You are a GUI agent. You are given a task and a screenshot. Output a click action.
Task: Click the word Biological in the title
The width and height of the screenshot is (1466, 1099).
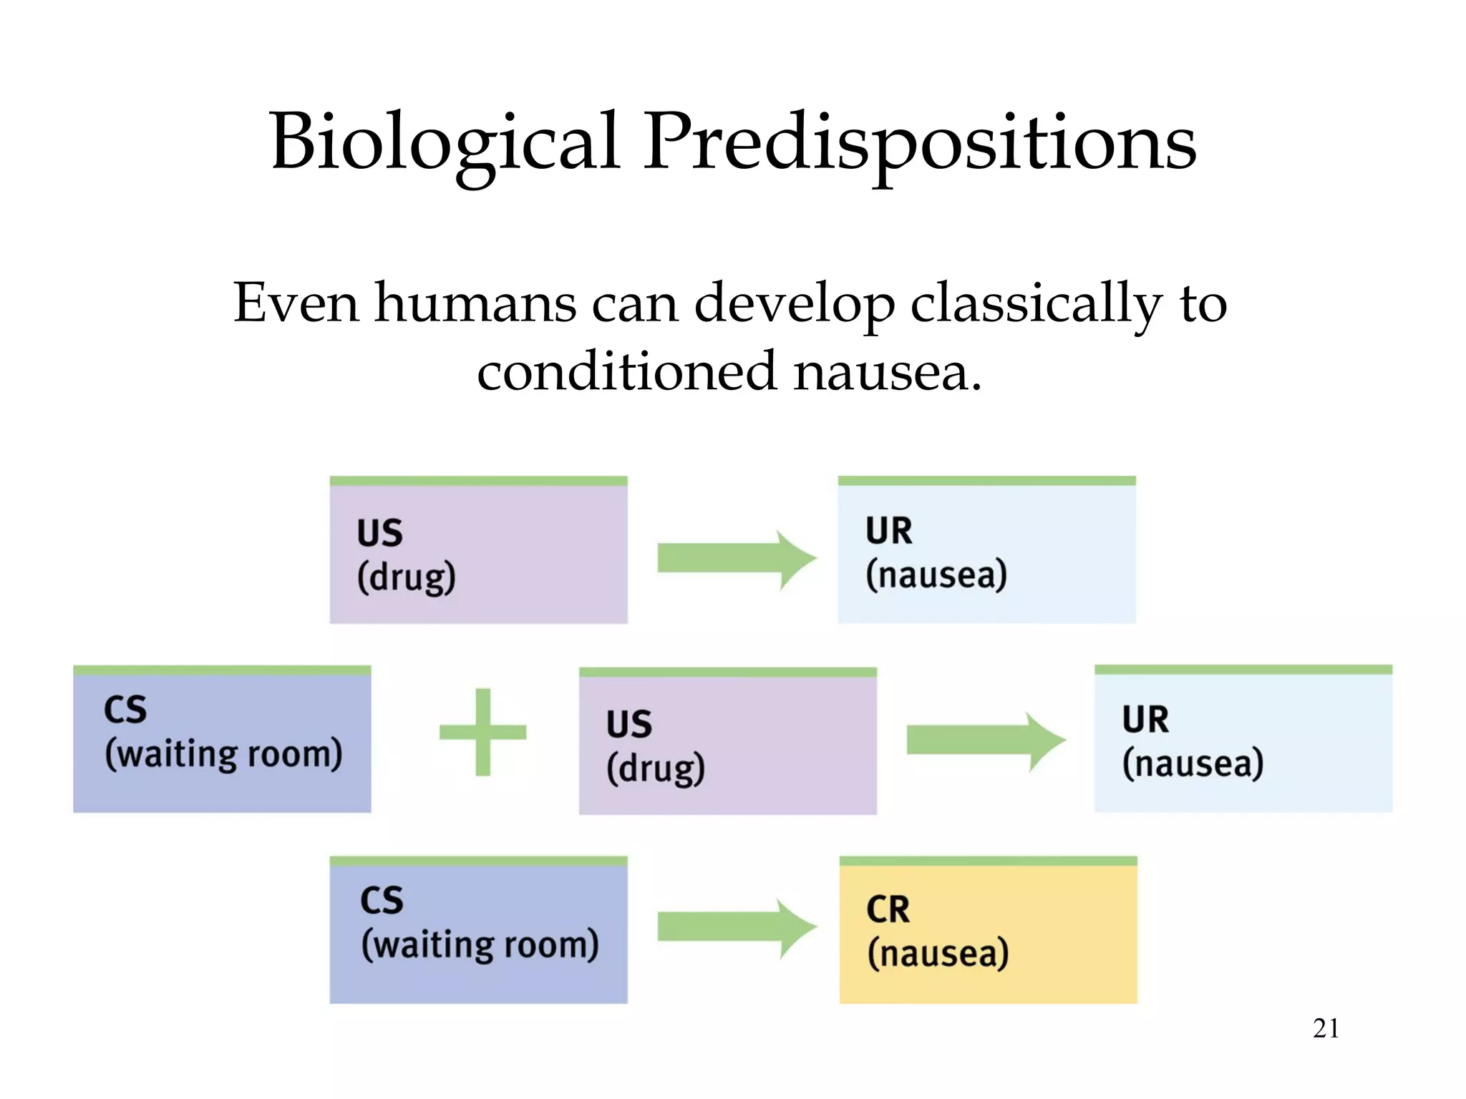pos(444,143)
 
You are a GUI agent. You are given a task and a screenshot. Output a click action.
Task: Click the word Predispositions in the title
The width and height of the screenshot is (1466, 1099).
pos(920,143)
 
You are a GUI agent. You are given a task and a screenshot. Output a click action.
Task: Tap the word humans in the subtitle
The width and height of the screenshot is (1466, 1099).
pos(475,303)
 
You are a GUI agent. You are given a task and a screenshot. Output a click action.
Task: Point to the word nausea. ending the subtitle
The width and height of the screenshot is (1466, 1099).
pos(888,372)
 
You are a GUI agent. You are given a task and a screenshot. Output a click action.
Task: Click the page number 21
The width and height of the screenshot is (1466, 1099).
pos(1326,1028)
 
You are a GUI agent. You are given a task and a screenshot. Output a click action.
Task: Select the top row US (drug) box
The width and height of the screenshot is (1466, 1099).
pos(478,551)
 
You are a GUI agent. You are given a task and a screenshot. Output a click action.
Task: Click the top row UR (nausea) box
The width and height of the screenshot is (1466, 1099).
pos(986,551)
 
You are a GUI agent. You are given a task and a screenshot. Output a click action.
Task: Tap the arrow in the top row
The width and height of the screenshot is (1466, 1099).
pos(736,559)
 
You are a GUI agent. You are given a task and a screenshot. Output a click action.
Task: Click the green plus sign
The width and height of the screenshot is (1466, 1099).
pos(483,732)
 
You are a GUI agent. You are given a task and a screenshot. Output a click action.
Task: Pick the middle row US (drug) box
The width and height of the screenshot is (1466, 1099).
pos(727,742)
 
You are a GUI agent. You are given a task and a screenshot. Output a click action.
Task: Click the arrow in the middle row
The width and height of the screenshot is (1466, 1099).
pos(985,741)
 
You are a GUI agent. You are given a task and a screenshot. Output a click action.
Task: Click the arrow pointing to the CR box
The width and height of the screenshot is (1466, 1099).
pos(736,928)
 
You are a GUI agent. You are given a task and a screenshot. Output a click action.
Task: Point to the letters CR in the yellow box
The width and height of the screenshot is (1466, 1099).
pos(888,910)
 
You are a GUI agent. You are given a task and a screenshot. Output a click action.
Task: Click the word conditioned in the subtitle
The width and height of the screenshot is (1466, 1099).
pos(627,372)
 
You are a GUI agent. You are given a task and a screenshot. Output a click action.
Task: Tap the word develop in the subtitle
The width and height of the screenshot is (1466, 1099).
pos(795,303)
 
